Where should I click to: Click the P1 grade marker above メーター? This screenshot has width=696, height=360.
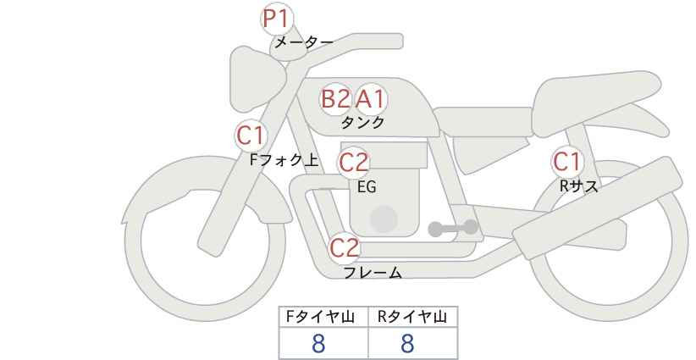click(277, 19)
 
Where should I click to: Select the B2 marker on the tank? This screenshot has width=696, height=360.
click(335, 99)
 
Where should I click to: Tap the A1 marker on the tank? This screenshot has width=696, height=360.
click(371, 99)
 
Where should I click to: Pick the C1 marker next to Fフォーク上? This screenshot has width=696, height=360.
click(251, 136)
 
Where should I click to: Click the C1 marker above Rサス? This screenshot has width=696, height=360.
click(567, 162)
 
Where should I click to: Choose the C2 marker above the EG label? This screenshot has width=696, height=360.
click(354, 163)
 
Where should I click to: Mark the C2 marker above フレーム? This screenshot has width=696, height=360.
click(345, 248)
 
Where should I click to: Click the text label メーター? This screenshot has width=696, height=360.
click(304, 42)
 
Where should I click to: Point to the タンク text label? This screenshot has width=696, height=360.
click(362, 123)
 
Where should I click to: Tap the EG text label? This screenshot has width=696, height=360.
click(367, 187)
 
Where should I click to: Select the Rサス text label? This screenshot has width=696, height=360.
click(578, 186)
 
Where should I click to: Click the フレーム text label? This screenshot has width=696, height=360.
click(373, 272)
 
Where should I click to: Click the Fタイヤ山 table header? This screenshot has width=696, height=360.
click(320, 317)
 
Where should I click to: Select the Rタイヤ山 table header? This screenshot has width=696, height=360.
click(412, 317)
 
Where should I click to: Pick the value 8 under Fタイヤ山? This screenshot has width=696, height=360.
click(318, 344)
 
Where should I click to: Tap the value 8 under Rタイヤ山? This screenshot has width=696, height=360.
click(407, 344)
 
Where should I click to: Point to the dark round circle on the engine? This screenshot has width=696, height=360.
click(384, 219)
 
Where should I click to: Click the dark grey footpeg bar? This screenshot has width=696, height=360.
click(453, 228)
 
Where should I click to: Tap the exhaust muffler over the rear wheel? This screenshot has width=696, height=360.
click(598, 208)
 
